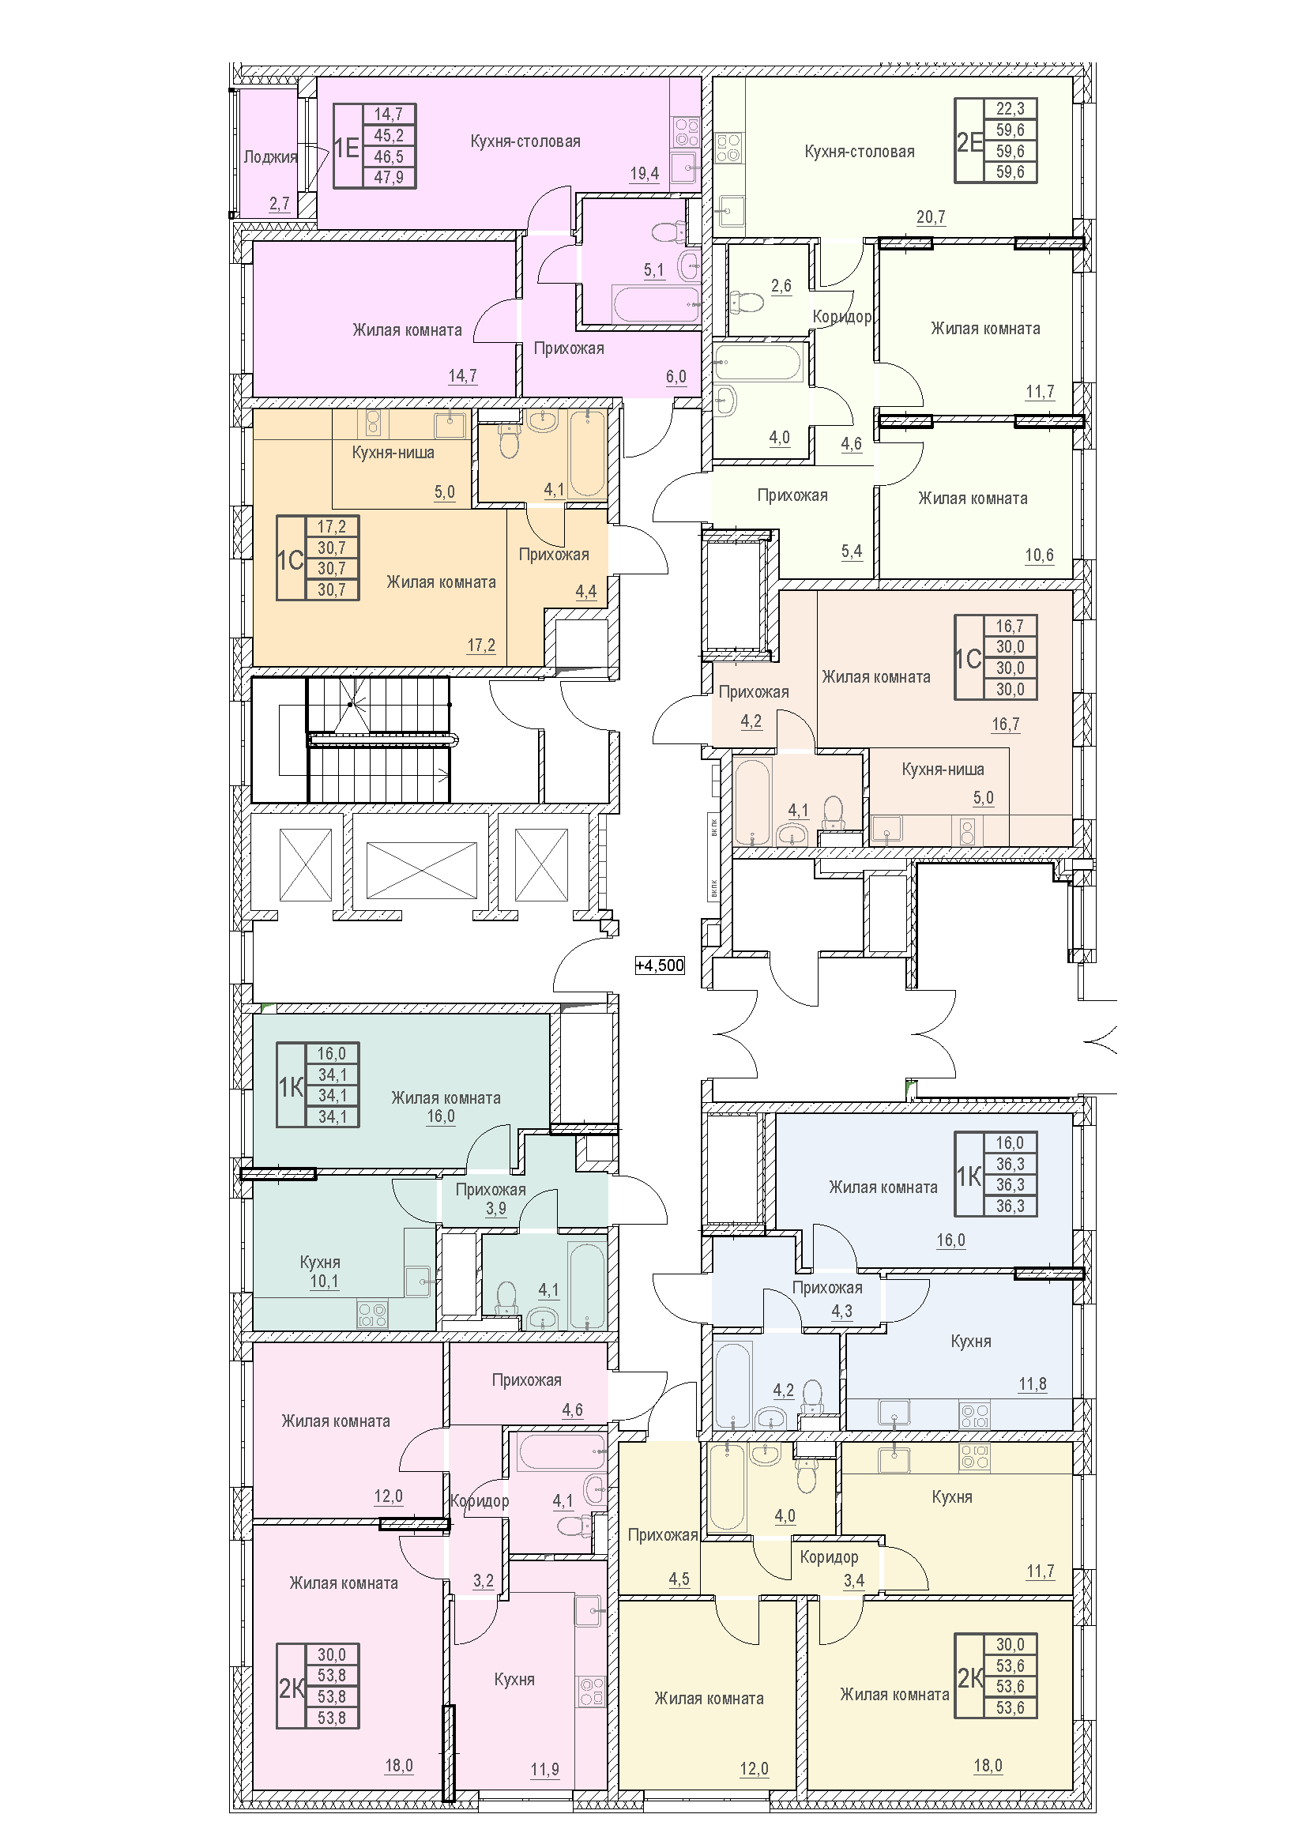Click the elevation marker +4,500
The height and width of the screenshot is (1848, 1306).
(x=660, y=965)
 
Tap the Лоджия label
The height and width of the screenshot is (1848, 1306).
(x=270, y=157)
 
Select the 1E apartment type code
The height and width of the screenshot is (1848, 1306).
(x=347, y=147)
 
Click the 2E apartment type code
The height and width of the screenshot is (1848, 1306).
(x=969, y=141)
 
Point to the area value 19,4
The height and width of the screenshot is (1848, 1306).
(x=645, y=173)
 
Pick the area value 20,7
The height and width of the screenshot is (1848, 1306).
(x=931, y=216)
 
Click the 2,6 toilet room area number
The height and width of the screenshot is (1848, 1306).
(x=781, y=286)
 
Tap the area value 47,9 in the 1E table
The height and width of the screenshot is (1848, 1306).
(x=389, y=177)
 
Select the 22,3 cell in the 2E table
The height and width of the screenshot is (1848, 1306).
(x=1011, y=109)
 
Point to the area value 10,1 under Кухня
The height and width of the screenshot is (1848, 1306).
(x=324, y=1281)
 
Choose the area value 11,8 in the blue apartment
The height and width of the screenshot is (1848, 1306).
(x=1033, y=1383)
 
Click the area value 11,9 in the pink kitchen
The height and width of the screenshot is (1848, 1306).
(x=545, y=1769)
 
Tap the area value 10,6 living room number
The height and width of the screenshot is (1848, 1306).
(x=1040, y=555)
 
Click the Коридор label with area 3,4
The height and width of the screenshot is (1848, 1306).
(x=829, y=1557)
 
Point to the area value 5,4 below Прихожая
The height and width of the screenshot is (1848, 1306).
(x=852, y=551)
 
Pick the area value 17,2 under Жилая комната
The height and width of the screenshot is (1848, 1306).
(x=481, y=645)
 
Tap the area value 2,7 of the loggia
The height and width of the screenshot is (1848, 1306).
(x=280, y=204)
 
